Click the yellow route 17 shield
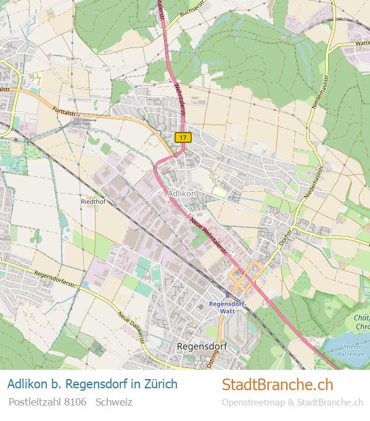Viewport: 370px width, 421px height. pyautogui.click(x=182, y=137)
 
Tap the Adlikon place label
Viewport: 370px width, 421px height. pyautogui.click(x=182, y=193)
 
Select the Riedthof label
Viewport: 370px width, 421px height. pyautogui.click(x=94, y=202)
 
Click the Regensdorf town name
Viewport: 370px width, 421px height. pyautogui.click(x=202, y=346)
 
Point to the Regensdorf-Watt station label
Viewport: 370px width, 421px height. pyautogui.click(x=228, y=308)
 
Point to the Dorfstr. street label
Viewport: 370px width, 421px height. pyautogui.click(x=286, y=237)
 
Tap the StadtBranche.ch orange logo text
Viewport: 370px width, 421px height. pyautogui.click(x=277, y=385)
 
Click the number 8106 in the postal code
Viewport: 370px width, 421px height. pyautogui.click(x=75, y=402)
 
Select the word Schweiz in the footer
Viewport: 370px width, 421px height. pyautogui.click(x=114, y=402)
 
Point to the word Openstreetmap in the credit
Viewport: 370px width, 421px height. pyautogui.click(x=253, y=403)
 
